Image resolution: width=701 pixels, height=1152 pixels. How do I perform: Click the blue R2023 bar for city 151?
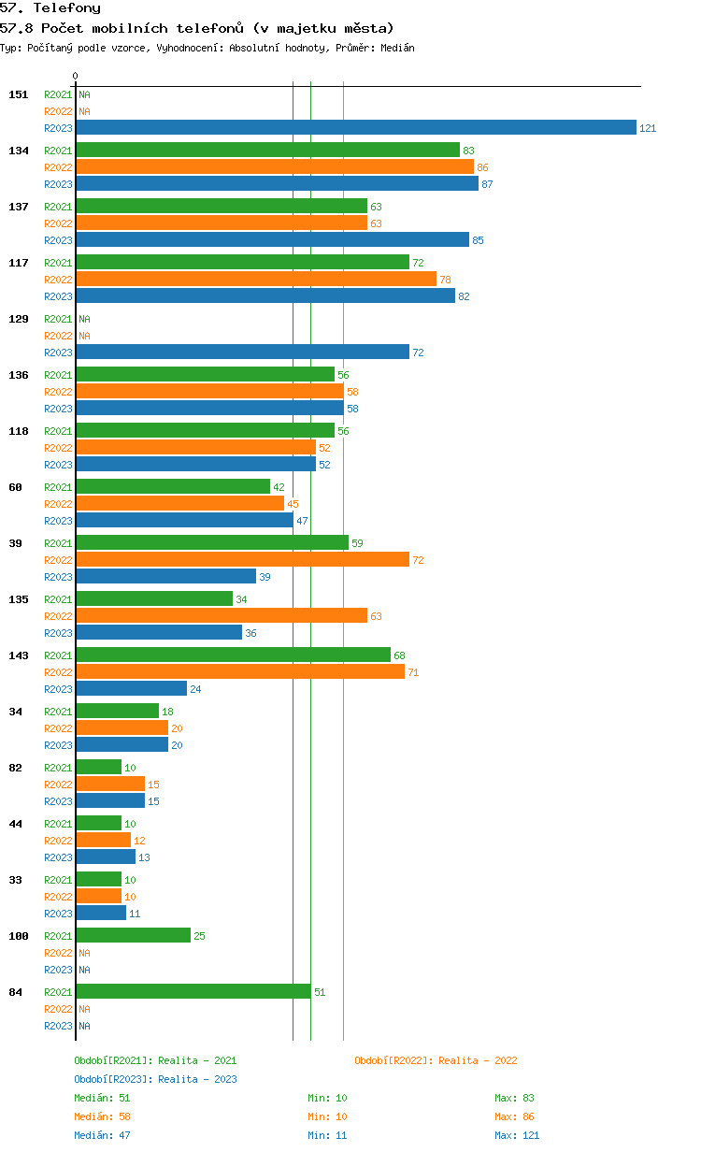(x=356, y=127)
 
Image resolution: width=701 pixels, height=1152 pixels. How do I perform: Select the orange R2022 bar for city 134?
(x=275, y=166)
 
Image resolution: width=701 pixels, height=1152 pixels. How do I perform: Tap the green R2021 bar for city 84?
(x=193, y=991)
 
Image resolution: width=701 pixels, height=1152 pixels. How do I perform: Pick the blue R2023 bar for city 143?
(x=132, y=688)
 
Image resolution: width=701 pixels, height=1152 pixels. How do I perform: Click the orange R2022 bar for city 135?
(x=222, y=615)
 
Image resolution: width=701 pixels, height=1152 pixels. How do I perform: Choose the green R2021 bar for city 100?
(x=134, y=935)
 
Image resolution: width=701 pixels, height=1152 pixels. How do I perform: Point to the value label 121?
(x=648, y=128)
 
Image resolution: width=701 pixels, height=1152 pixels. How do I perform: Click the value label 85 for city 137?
(x=478, y=240)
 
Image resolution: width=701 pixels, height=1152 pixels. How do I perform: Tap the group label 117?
(x=19, y=263)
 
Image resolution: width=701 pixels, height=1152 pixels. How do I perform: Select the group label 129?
(x=19, y=319)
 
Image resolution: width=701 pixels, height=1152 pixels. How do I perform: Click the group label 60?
(x=15, y=487)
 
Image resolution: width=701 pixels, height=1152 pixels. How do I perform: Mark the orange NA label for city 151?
(x=84, y=111)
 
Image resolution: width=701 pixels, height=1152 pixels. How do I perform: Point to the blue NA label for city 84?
(x=84, y=1026)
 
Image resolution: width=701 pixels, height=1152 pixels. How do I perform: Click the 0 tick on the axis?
(x=75, y=76)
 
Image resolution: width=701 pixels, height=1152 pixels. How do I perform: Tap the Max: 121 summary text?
(x=517, y=1135)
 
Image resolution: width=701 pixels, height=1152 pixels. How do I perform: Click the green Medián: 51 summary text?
(x=102, y=1098)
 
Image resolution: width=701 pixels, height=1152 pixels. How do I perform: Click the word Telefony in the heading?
(x=66, y=8)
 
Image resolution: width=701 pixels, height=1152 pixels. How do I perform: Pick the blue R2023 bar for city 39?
(x=166, y=576)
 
